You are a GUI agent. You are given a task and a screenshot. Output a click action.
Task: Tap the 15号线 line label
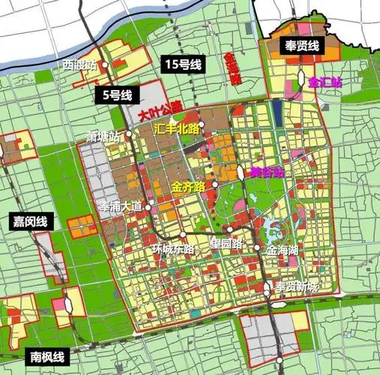pyautogui.click(x=182, y=65)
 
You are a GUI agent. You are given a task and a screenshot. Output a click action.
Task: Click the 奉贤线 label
pyautogui.click(x=302, y=46)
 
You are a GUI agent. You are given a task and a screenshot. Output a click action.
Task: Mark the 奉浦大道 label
pyautogui.click(x=121, y=205)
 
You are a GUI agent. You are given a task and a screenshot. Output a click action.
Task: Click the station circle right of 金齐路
pyautogui.click(x=214, y=184)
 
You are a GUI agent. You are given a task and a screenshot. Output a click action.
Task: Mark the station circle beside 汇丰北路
pyautogui.click(x=202, y=124)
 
